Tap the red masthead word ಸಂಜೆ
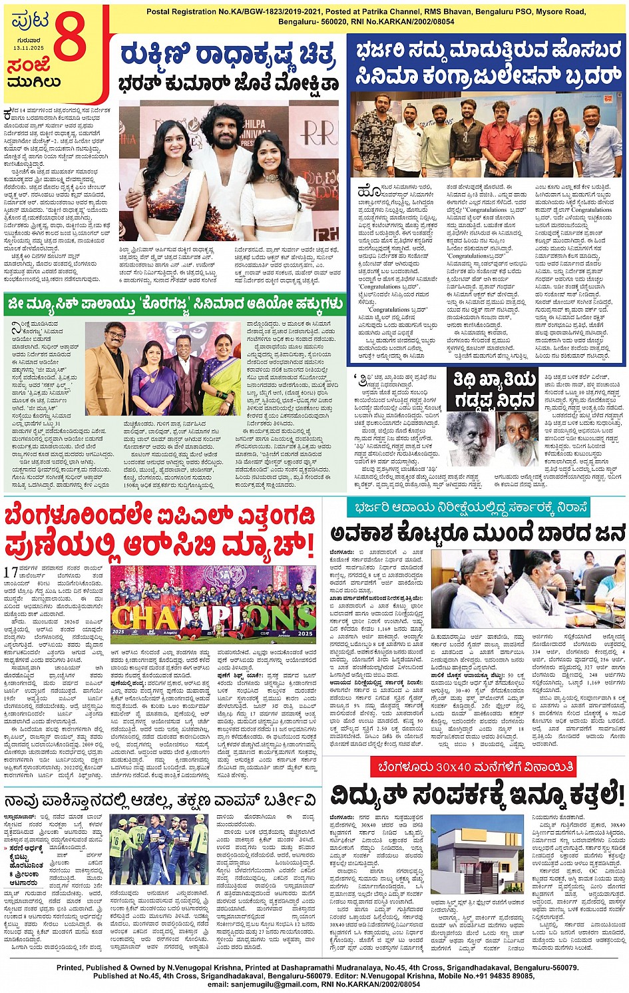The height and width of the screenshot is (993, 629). (29, 67)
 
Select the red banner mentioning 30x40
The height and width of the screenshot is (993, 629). (475, 767)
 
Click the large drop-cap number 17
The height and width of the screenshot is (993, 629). (11, 571)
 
